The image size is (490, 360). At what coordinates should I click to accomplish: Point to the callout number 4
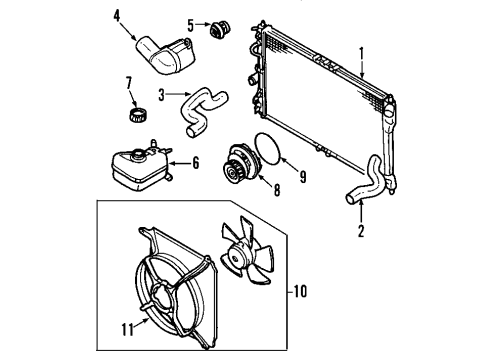[117, 15]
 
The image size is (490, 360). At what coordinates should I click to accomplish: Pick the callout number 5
[188, 23]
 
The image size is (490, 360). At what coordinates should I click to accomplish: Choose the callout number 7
[128, 81]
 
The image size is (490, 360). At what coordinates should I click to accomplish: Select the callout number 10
[303, 293]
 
